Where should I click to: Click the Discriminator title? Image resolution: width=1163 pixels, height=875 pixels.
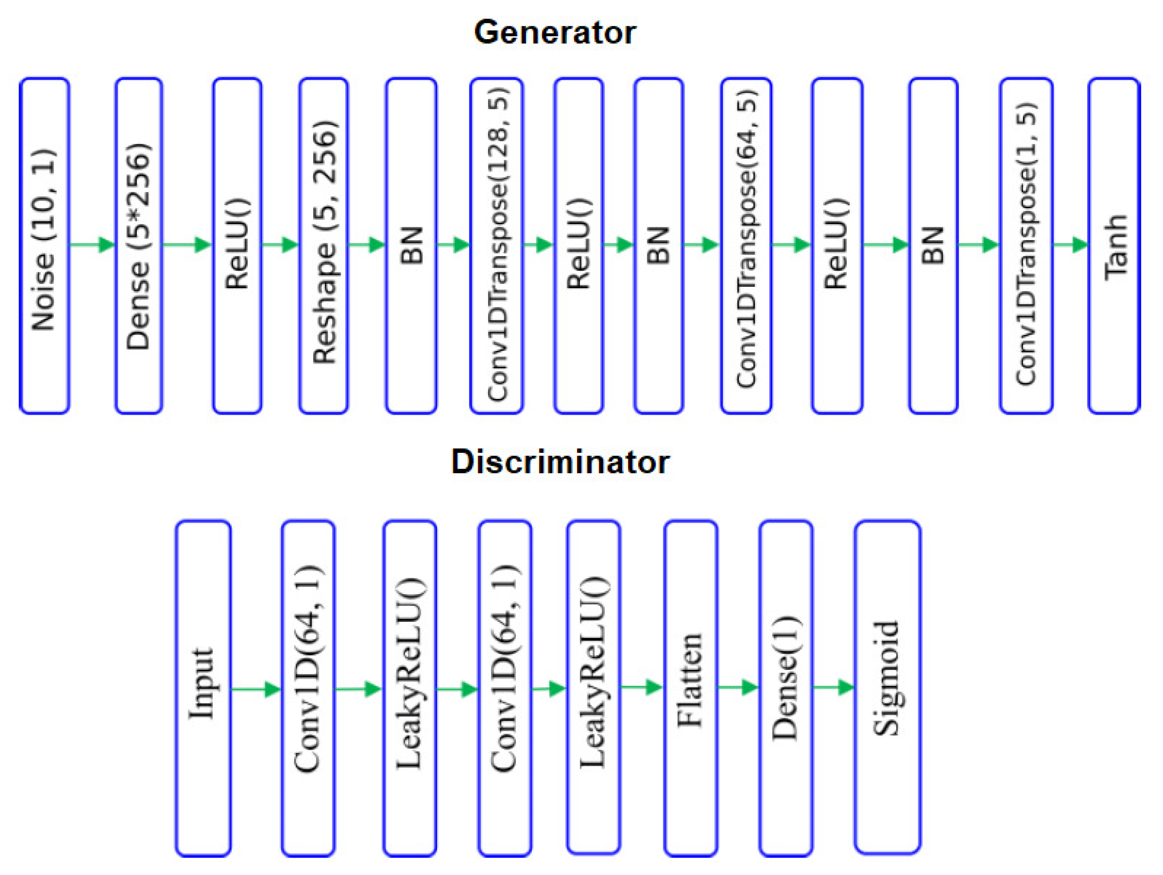(x=560, y=462)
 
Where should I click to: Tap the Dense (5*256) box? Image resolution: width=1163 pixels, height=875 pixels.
(x=139, y=245)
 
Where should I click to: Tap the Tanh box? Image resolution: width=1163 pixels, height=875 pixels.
(x=1114, y=245)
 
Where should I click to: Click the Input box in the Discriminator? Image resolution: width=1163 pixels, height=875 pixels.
(x=203, y=688)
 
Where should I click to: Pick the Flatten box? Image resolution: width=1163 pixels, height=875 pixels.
(x=691, y=688)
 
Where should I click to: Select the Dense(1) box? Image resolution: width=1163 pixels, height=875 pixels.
(x=786, y=688)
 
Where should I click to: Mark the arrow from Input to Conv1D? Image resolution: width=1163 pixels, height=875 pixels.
(x=256, y=689)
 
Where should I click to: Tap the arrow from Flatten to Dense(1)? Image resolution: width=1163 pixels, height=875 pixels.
(x=738, y=688)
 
